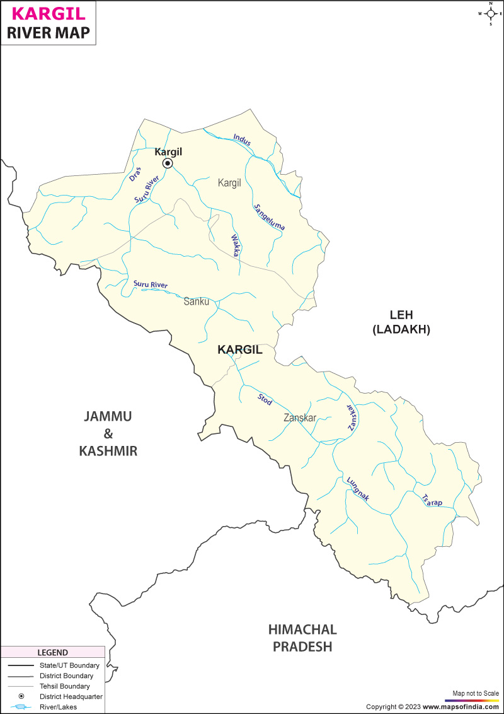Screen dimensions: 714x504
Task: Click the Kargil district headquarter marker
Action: point(168,163)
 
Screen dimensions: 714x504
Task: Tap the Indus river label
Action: point(242,140)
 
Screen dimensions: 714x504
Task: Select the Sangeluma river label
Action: point(269,217)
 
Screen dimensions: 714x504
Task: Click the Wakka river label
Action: point(235,244)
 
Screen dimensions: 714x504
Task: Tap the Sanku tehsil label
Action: point(196,301)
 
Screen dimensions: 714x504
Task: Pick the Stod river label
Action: point(265,399)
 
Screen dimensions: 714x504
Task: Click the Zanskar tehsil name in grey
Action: point(300,417)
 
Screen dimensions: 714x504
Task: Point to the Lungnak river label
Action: point(358,489)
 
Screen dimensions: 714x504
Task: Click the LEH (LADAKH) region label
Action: point(401,322)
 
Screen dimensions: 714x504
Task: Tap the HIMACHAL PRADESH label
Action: point(302,638)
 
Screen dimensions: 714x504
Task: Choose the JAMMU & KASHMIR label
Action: point(108,433)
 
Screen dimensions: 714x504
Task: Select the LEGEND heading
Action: point(52,652)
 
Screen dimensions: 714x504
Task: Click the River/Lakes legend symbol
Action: point(21,707)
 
